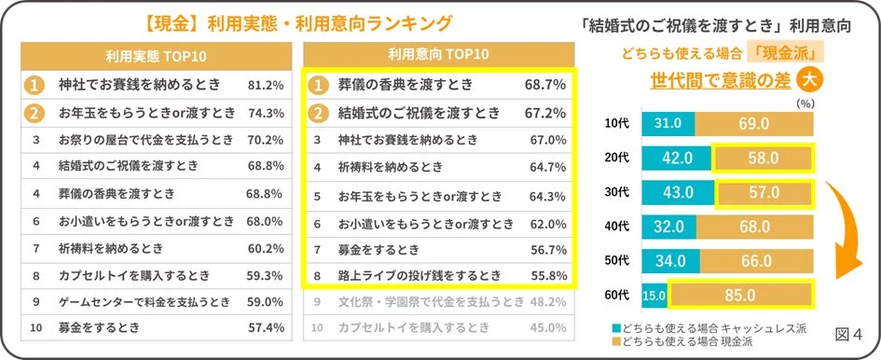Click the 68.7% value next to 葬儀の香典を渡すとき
tap(545, 85)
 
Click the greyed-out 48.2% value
tap(547, 302)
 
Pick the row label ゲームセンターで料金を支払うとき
tap(138, 301)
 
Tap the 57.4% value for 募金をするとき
tap(266, 328)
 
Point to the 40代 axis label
tap(616, 227)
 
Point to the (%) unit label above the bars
tap(804, 104)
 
